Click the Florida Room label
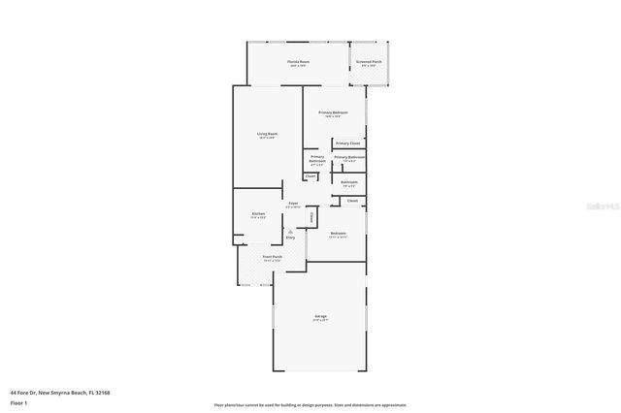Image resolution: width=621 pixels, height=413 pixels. [x=297, y=61]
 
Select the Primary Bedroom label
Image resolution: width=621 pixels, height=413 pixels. [x=333, y=112]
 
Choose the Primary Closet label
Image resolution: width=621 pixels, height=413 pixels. [x=347, y=143]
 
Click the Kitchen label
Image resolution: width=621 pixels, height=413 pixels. [x=258, y=213]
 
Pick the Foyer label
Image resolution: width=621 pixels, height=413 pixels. [x=292, y=203]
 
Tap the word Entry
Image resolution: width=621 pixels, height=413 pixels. [x=290, y=238]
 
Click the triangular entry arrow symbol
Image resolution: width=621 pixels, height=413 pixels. [x=290, y=231]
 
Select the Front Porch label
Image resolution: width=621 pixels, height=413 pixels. [x=272, y=256]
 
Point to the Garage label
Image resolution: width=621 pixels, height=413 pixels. [x=320, y=316]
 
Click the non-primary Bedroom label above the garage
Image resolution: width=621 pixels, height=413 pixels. [x=337, y=234]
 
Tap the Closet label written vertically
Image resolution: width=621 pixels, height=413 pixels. [x=311, y=218]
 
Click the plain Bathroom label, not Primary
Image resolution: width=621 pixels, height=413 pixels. [x=349, y=181]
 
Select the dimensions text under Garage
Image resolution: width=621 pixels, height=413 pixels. [x=320, y=321]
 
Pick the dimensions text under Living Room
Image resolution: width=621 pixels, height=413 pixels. [x=267, y=138]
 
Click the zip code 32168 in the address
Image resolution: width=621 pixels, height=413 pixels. [x=101, y=392]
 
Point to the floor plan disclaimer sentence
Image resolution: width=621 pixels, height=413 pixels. [x=310, y=404]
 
